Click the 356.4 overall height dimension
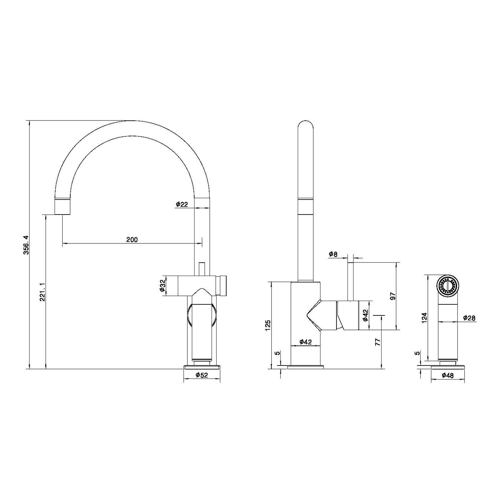click(x=26, y=245)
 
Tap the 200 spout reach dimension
click(x=132, y=239)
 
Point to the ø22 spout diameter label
click(x=182, y=204)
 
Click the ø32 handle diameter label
click(x=162, y=286)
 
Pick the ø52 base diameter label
click(x=202, y=375)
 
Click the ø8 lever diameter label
click(x=333, y=254)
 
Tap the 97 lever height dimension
click(x=393, y=296)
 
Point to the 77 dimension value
click(x=377, y=342)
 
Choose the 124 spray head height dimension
click(x=425, y=318)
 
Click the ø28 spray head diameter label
click(x=469, y=318)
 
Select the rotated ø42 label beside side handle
click(x=365, y=315)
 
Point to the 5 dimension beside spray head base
click(x=418, y=353)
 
